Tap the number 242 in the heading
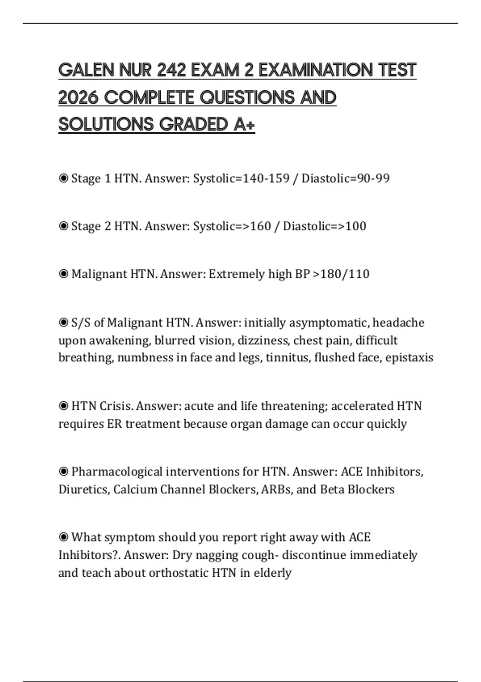click(171, 70)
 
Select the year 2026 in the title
click(78, 97)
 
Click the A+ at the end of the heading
click(244, 124)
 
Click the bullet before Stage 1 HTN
click(63, 178)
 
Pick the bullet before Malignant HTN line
click(63, 274)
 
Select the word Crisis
click(116, 406)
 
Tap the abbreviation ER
click(114, 424)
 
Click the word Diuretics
click(84, 489)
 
